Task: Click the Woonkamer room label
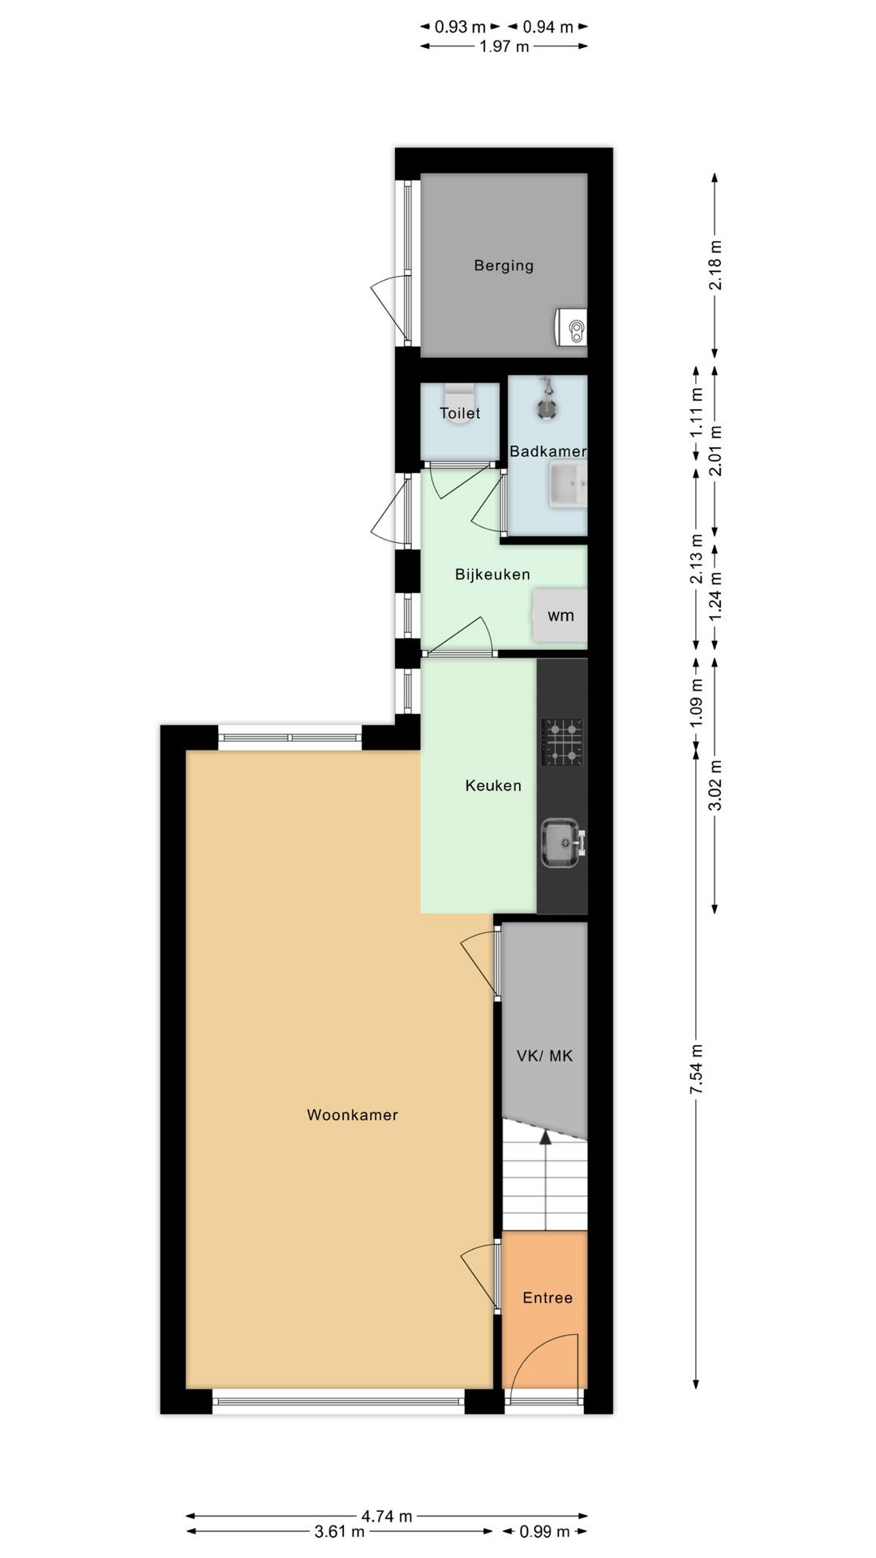point(352,1115)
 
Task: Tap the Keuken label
point(493,785)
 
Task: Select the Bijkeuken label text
point(492,575)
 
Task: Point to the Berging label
point(504,265)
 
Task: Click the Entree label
point(547,1298)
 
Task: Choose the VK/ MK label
point(544,1056)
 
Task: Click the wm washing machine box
point(560,616)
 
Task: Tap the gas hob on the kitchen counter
point(562,742)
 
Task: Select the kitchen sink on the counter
point(562,843)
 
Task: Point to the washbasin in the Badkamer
point(568,484)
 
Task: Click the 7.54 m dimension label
point(696,1069)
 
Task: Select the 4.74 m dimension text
point(387,1516)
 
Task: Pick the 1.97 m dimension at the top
point(504,46)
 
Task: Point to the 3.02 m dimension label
point(715,785)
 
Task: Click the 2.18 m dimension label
point(715,265)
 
